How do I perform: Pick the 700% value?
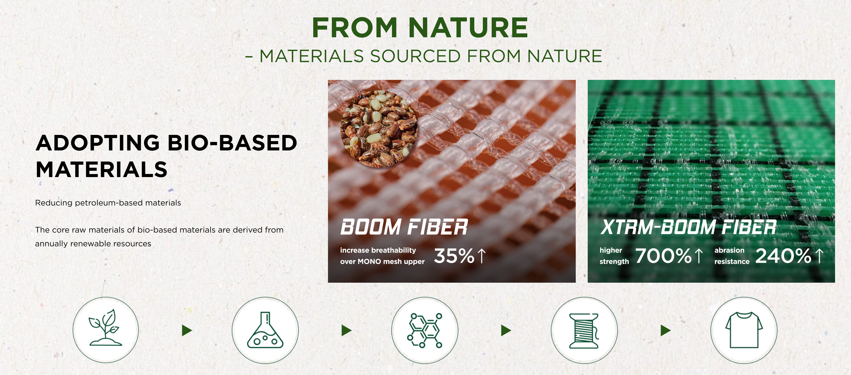663,256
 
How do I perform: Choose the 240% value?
783,256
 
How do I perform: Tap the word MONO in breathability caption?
369,262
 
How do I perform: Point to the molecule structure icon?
425,330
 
